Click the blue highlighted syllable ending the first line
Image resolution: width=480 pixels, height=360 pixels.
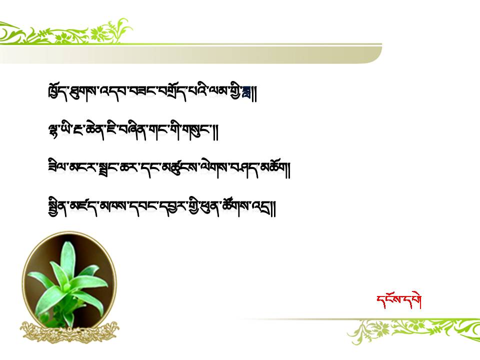[246, 92]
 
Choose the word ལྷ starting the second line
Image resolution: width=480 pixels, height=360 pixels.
[54, 131]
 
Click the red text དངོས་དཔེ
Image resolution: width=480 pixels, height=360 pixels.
[399, 300]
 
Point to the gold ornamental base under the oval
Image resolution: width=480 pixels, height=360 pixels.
[70, 332]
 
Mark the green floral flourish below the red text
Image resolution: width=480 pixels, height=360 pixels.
[413, 331]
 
